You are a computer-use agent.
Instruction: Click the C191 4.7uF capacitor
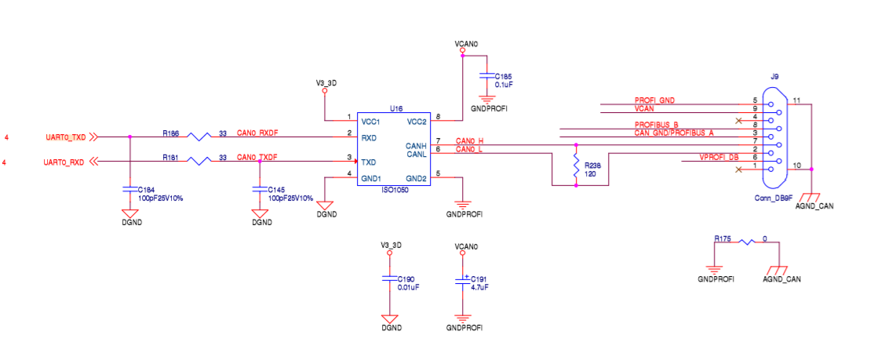(462, 279)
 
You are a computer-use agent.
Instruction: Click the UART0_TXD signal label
(64, 137)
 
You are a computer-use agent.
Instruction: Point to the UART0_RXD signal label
(64, 162)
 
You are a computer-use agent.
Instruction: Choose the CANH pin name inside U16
(415, 145)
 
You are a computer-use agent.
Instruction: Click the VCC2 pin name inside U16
(416, 122)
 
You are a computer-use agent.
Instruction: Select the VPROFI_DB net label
(719, 158)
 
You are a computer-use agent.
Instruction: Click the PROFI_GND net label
(654, 100)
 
